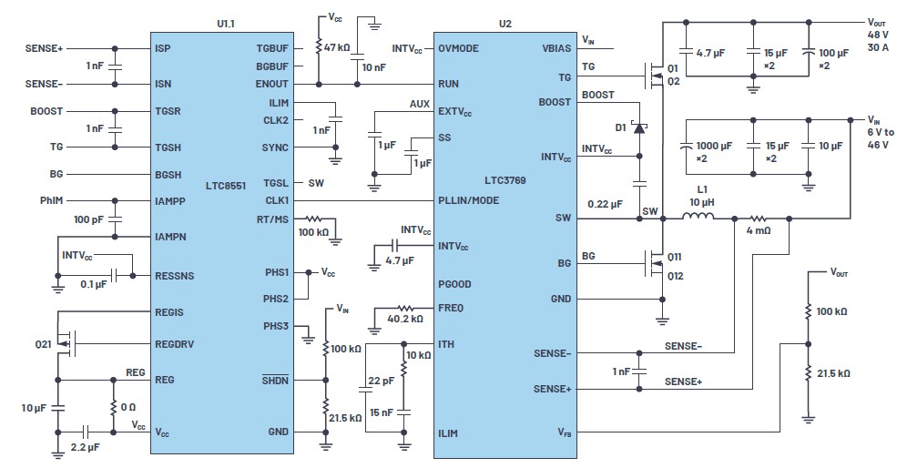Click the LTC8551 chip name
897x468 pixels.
tap(226, 186)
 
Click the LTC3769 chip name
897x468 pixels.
tap(505, 180)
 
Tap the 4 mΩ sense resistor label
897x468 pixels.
tap(759, 230)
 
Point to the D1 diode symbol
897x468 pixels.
tap(639, 127)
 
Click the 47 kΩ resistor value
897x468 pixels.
tap(337, 47)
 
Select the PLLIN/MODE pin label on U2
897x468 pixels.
tap(468, 201)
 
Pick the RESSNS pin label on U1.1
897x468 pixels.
tap(175, 276)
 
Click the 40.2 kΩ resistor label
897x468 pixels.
tap(405, 319)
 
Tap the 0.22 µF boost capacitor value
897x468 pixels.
tap(606, 204)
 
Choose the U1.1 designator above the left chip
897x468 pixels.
tap(226, 24)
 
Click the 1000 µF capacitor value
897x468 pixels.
tap(714, 146)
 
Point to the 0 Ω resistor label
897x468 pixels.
tap(128, 407)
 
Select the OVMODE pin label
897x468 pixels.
tap(459, 48)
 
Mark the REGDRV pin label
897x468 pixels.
tap(175, 344)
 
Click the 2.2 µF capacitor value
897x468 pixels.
tap(86, 447)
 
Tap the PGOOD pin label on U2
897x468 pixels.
tap(454, 284)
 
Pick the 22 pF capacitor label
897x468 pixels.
tap(381, 381)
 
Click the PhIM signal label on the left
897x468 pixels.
tap(52, 201)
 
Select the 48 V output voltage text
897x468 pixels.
tap(878, 35)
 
